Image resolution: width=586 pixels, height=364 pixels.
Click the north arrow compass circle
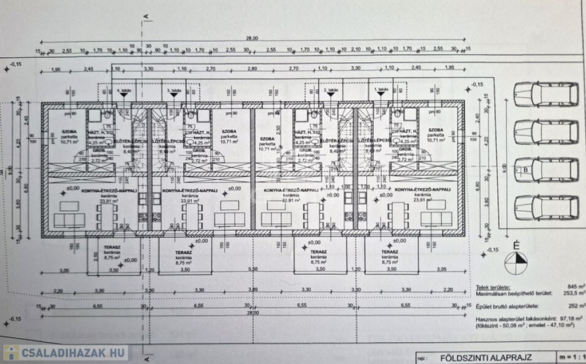[x=517, y=263]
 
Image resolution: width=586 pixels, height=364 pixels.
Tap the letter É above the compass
[x=516, y=246]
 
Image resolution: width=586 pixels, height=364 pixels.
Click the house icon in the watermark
[x=11, y=353]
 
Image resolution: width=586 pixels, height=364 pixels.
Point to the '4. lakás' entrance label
[x=123, y=90]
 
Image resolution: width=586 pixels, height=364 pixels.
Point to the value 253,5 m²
[x=574, y=292]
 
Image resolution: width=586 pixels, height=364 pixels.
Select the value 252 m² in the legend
[x=577, y=306]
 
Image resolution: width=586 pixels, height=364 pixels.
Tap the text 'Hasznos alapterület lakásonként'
[x=514, y=318]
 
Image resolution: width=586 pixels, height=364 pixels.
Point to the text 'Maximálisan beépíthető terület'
[x=514, y=292]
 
